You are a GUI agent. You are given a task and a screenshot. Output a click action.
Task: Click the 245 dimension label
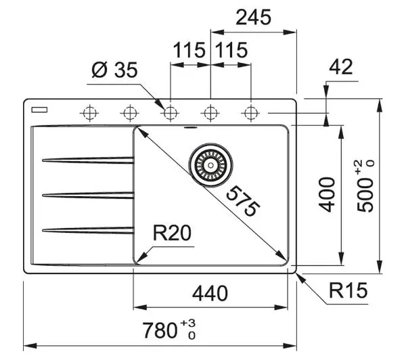[254, 18]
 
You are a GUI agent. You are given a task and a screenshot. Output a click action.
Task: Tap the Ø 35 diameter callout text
[114, 70]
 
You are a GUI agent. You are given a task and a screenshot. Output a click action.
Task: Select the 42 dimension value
[341, 67]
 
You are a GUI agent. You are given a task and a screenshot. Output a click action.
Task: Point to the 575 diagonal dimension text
[243, 201]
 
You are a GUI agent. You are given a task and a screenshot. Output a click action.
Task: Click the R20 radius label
[172, 233]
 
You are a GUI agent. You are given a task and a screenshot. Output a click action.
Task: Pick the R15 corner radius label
[348, 290]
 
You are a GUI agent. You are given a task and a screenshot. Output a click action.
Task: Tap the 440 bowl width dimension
[210, 293]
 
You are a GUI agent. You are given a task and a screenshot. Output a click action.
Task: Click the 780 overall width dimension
[169, 330]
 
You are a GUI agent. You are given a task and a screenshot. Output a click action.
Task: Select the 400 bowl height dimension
[327, 195]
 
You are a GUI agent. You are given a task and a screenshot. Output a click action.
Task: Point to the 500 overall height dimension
[365, 187]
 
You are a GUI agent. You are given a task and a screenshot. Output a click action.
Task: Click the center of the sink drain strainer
[210, 164]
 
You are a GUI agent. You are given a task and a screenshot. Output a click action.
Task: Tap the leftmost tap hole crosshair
[89, 113]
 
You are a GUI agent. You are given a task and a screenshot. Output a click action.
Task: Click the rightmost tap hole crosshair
[250, 113]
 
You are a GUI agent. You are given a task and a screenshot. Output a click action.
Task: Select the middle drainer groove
[88, 195]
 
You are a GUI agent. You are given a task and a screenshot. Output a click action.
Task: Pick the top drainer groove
[88, 160]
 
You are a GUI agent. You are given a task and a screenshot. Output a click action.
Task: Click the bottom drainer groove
[88, 230]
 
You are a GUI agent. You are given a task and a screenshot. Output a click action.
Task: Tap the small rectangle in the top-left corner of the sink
[39, 110]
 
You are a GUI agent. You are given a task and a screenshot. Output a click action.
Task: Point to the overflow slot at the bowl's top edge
[190, 127]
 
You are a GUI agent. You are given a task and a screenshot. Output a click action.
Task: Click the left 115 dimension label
[189, 50]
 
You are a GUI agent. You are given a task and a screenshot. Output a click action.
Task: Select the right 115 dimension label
[231, 50]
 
